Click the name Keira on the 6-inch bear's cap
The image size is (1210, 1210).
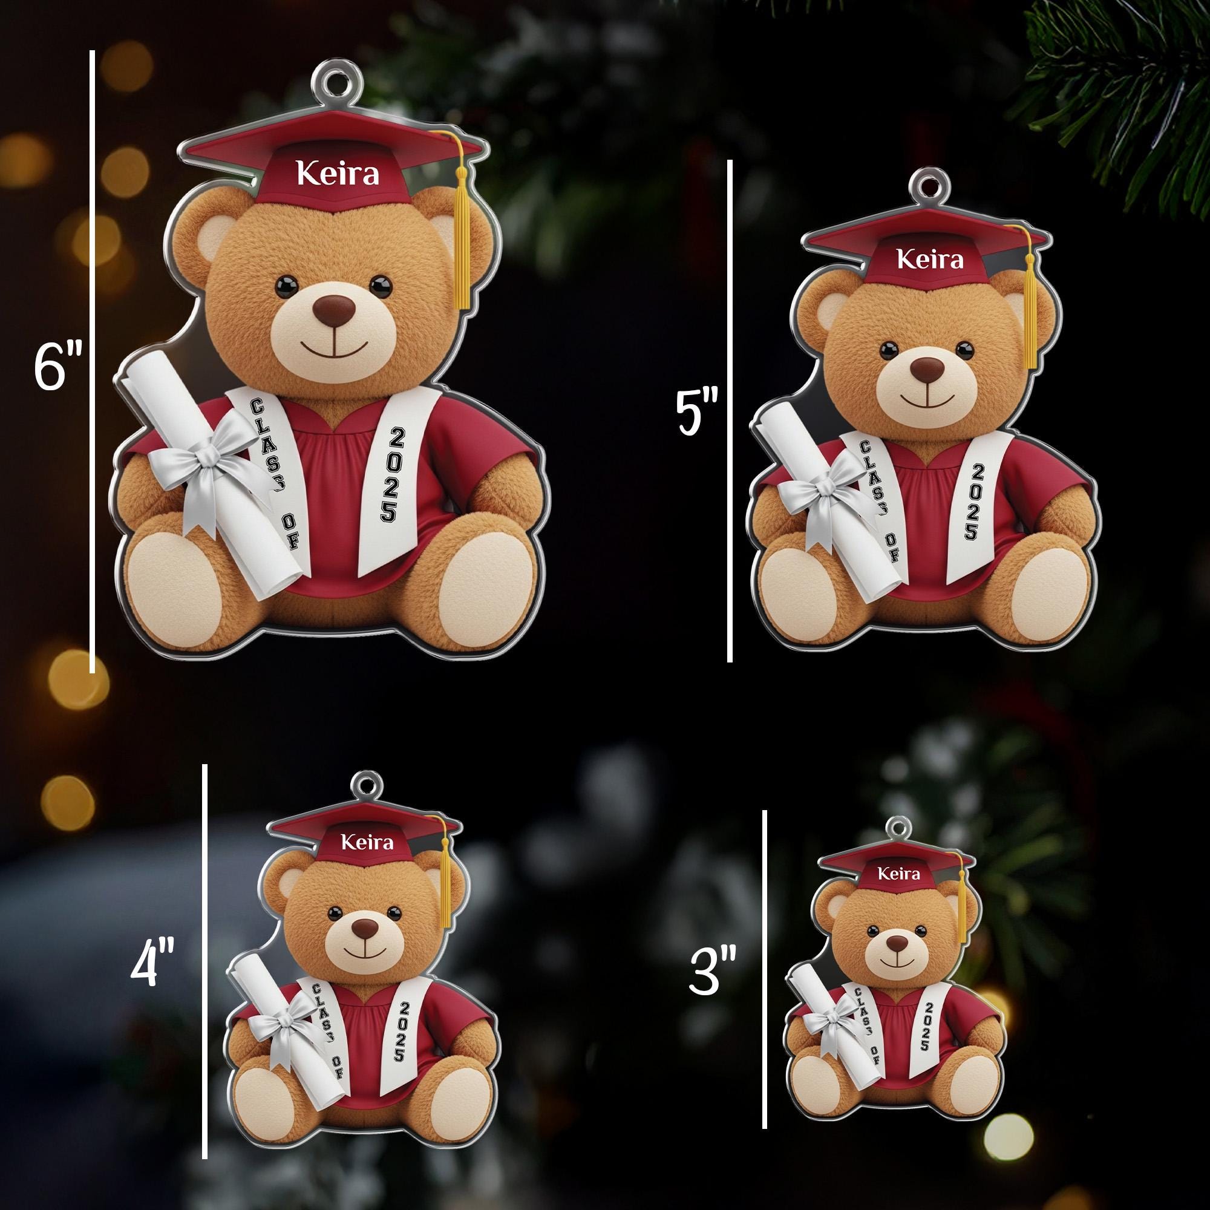pyautogui.click(x=338, y=174)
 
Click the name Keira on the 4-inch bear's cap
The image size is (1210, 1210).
pyautogui.click(x=368, y=842)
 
